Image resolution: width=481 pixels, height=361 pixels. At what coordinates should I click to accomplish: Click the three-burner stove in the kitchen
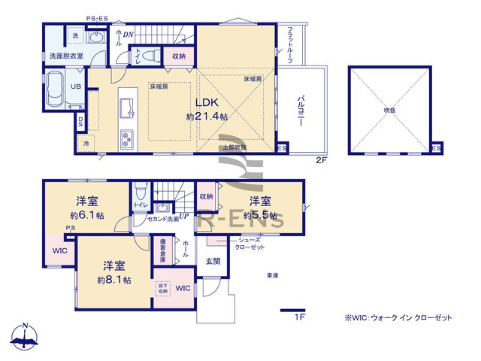(126, 138)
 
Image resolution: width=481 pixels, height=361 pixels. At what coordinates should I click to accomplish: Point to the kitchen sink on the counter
(126, 104)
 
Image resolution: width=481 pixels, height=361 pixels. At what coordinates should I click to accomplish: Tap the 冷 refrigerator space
(86, 143)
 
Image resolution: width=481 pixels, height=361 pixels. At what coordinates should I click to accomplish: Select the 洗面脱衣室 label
(65, 56)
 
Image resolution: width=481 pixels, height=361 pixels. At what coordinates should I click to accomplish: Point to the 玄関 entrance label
(213, 261)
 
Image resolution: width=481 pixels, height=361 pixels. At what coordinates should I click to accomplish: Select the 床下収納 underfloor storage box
(162, 288)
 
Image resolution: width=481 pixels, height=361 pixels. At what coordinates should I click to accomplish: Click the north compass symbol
(25, 337)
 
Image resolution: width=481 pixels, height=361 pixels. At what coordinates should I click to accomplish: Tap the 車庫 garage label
(272, 276)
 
